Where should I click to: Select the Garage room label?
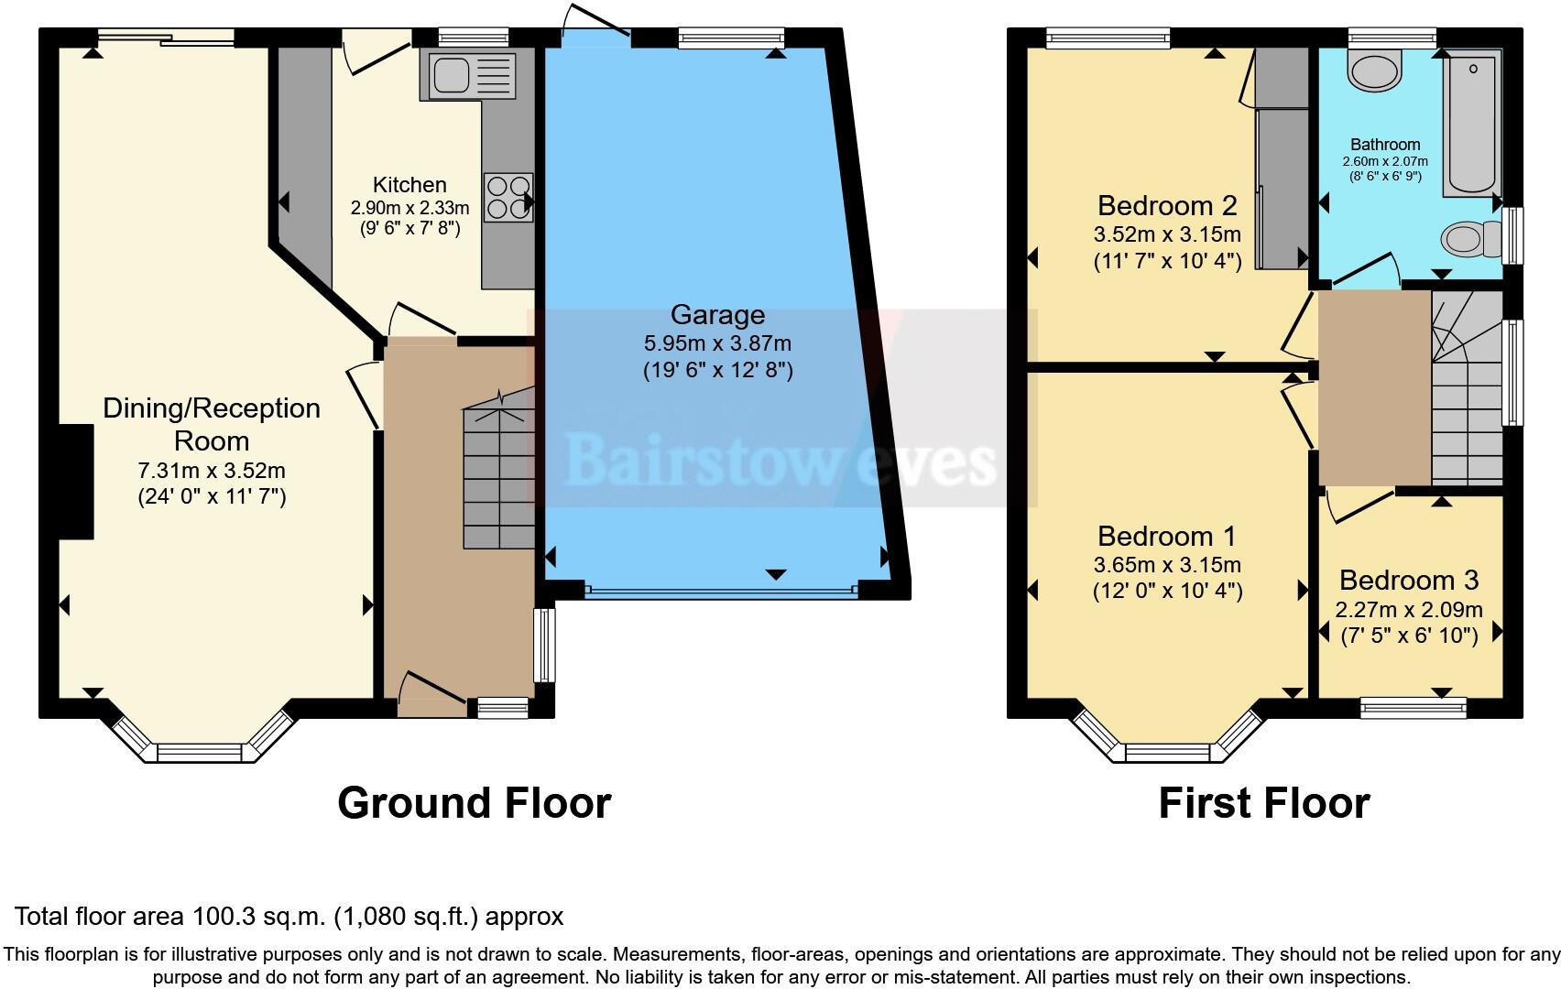717,315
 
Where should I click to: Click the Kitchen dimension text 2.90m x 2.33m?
409,208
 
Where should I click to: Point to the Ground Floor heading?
474,803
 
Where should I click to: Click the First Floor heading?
1263,803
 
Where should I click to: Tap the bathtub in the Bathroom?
1471,124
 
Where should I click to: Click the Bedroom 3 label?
1409,580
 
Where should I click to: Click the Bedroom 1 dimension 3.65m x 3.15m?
1167,565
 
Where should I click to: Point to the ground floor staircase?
498,476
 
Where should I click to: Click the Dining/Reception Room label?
212,424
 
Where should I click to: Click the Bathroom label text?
1385,145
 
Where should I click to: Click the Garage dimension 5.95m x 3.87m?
717,344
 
